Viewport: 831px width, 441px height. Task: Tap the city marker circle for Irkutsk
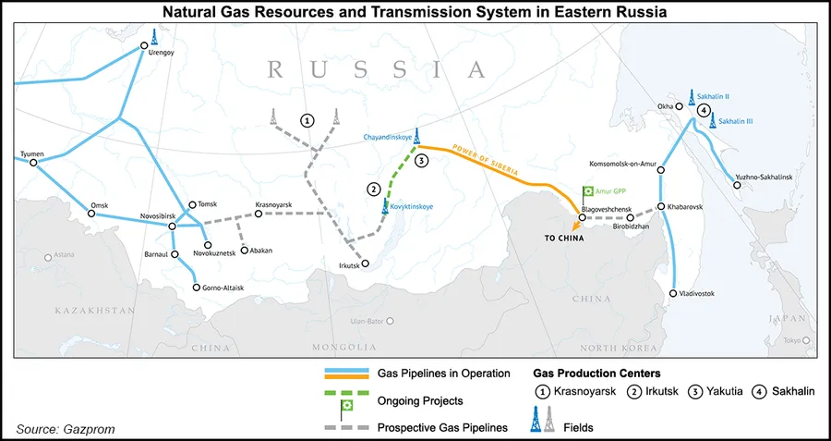pyautogui.click(x=365, y=263)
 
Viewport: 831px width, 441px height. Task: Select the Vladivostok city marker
pyautogui.click(x=673, y=293)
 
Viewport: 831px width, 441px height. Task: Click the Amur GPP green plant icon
pyautogui.click(x=585, y=191)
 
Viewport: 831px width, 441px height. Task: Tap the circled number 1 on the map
pyautogui.click(x=307, y=120)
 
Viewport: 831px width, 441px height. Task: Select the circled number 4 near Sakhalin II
pyautogui.click(x=705, y=110)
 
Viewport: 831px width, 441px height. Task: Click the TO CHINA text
pyautogui.click(x=564, y=238)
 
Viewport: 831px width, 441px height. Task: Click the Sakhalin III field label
pyautogui.click(x=736, y=121)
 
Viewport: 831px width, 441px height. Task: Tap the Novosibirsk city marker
pyautogui.click(x=172, y=226)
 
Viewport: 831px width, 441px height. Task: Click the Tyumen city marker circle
pyautogui.click(x=33, y=164)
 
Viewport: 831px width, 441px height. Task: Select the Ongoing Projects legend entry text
pyautogui.click(x=421, y=401)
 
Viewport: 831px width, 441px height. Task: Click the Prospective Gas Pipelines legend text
pyautogui.click(x=444, y=428)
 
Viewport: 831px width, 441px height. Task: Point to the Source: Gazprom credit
pyautogui.click(x=66, y=429)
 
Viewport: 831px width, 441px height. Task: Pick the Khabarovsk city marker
pyautogui.click(x=661, y=207)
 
